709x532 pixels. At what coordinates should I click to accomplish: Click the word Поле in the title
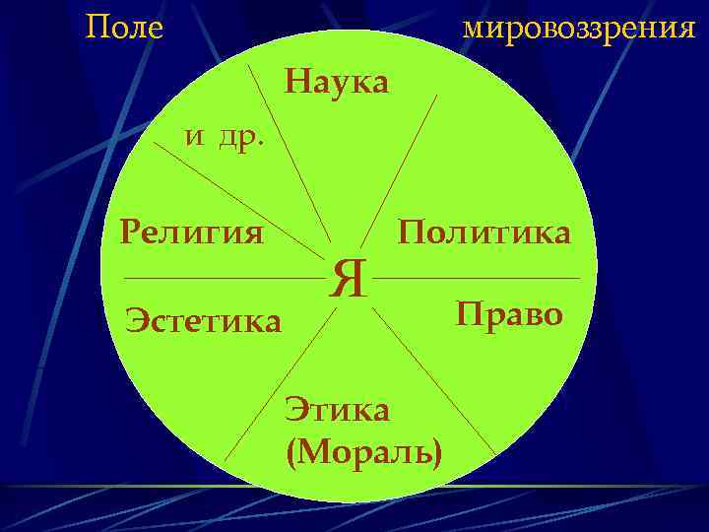tap(124, 28)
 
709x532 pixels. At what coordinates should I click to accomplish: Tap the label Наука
tap(337, 81)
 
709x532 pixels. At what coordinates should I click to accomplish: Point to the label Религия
tap(191, 233)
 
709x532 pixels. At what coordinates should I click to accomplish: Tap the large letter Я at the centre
tap(349, 279)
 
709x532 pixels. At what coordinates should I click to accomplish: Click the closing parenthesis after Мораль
tap(436, 452)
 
